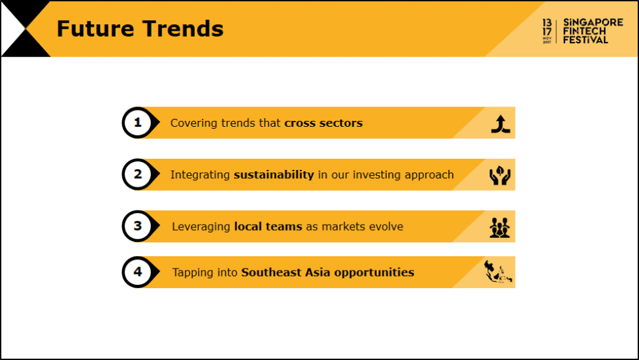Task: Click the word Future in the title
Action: pyautogui.click(x=95, y=29)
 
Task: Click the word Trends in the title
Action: pyautogui.click(x=183, y=29)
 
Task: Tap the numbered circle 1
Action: pyautogui.click(x=138, y=123)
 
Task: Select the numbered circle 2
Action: pyautogui.click(x=138, y=174)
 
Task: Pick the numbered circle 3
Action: pyautogui.click(x=138, y=226)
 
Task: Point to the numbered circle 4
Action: pyautogui.click(x=138, y=272)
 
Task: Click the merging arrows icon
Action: pyautogui.click(x=500, y=124)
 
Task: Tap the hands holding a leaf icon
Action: pyautogui.click(x=500, y=175)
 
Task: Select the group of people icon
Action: pyautogui.click(x=500, y=227)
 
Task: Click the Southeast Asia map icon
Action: pyautogui.click(x=498, y=272)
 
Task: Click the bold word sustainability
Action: pyautogui.click(x=274, y=175)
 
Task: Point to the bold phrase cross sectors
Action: pyautogui.click(x=323, y=123)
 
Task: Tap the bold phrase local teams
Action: pyautogui.click(x=268, y=226)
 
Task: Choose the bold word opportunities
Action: pyautogui.click(x=374, y=272)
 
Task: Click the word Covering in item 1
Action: pyautogui.click(x=194, y=123)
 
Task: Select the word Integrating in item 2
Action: pyautogui.click(x=200, y=175)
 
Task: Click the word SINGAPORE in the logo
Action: pyautogui.click(x=593, y=22)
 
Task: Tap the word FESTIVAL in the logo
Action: pyautogui.click(x=585, y=40)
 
